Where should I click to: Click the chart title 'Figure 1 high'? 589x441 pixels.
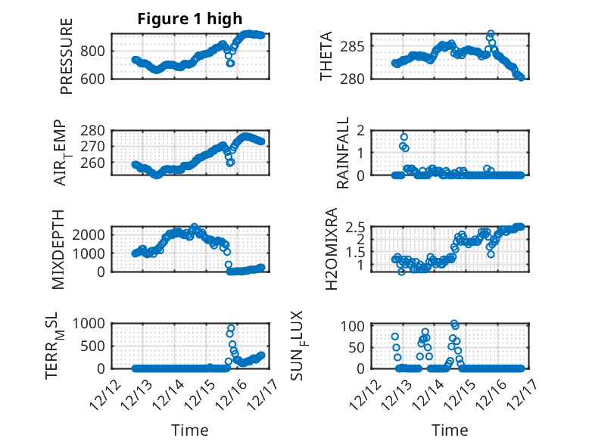(x=189, y=20)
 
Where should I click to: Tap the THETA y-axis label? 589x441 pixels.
(x=326, y=56)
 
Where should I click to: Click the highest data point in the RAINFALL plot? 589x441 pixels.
(x=404, y=137)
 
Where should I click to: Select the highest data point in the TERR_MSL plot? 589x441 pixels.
(x=231, y=328)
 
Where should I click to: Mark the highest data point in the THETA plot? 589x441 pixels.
(x=491, y=34)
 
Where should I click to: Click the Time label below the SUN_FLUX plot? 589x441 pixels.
(x=449, y=430)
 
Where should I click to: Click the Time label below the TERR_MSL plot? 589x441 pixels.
(x=189, y=430)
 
